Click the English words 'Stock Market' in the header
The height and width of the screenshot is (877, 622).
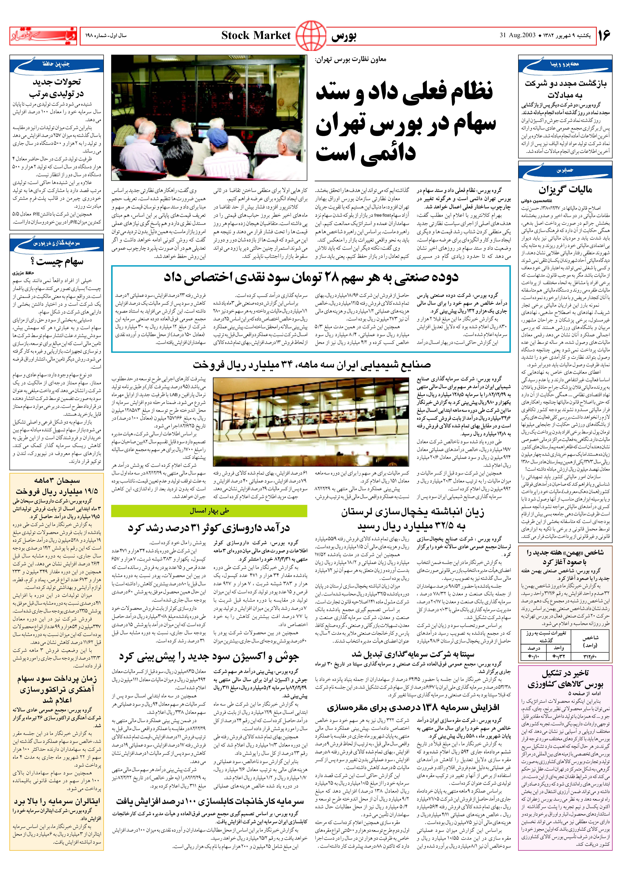pos(256,36)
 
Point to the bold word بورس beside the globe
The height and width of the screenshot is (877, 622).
pos(344,36)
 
